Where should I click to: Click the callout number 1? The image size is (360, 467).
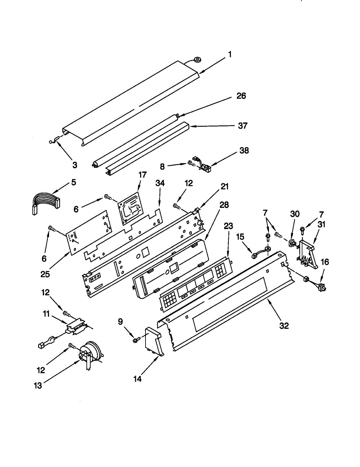230,54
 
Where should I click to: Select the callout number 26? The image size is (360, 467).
241,96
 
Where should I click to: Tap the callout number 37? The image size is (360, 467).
242,126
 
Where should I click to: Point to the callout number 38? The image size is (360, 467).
244,151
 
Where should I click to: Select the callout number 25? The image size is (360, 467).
45,274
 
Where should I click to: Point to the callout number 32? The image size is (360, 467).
284,326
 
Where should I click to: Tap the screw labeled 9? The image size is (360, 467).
135,340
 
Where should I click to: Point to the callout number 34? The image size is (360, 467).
160,183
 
